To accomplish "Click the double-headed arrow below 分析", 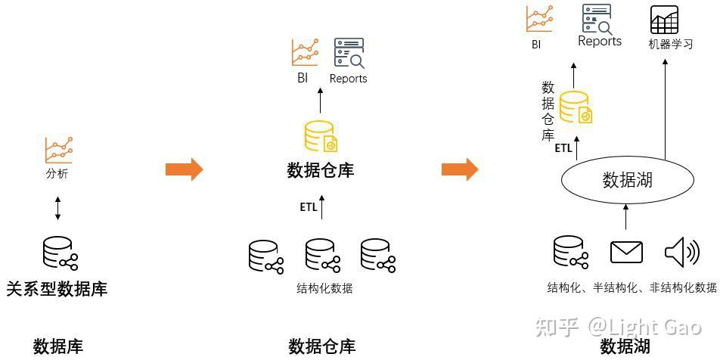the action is coord(57,208).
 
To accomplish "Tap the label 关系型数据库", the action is coord(57,289).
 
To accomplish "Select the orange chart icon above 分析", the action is coord(58,150).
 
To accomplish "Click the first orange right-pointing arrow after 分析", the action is coord(184,169).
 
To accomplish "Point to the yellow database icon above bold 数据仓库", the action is coord(320,136).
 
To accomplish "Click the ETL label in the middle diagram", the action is coord(308,207).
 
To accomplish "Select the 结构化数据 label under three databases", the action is coord(324,288).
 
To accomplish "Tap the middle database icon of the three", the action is coord(323,256).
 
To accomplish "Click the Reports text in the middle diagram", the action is coord(348,79).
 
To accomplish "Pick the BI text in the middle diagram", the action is coord(303,78).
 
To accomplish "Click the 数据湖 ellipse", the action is coord(627,180).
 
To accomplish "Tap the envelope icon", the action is coord(626,252).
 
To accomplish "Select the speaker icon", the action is coord(682,252).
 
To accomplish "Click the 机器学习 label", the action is coord(670,44).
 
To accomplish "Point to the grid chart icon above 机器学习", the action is coord(664,20).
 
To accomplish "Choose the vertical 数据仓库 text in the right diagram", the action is coord(548,110).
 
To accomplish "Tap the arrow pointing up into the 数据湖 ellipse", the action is coord(625,216).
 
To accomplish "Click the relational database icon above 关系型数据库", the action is coord(61,253).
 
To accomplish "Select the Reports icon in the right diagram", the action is coord(597,20).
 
